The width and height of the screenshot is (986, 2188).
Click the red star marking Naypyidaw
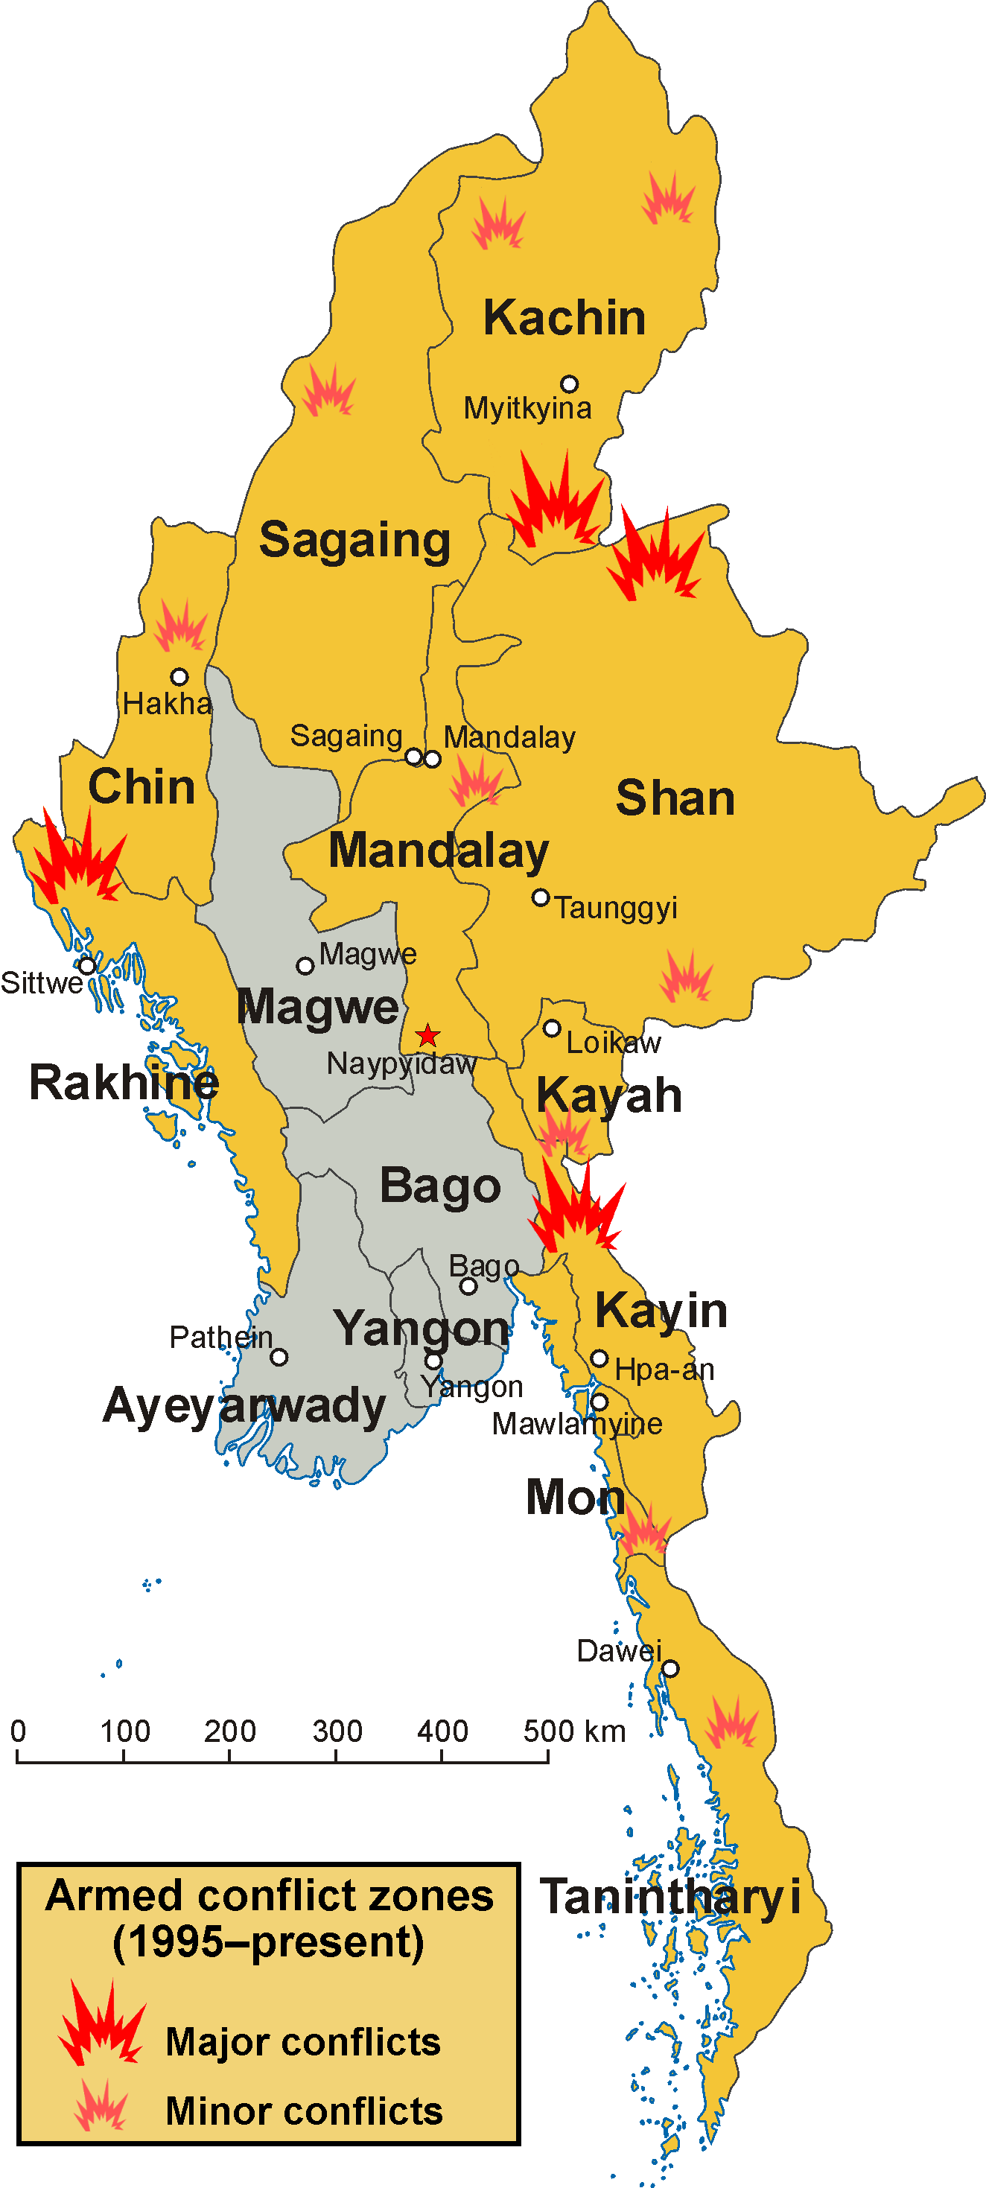pos(427,1035)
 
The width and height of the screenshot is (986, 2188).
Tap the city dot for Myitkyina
pos(569,384)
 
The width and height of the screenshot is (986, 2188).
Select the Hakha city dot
pos(179,677)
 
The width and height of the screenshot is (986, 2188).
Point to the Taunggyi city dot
pos(540,897)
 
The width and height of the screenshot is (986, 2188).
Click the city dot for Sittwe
pos(86,966)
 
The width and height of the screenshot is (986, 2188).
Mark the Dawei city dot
pos(670,1668)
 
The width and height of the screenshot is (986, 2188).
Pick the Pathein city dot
pos(279,1358)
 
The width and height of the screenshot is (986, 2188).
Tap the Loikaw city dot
pos(551,1028)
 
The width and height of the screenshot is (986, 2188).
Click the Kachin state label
pos(564,318)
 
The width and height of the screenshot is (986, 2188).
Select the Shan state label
pos(675,798)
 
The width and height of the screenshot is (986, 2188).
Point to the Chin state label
pos(141,786)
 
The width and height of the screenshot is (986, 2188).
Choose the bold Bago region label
pos(440,1186)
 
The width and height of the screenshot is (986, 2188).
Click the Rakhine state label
pos(124,1083)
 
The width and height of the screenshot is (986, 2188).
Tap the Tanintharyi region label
pos(670,1896)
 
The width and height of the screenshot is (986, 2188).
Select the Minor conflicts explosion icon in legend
pos(101,2105)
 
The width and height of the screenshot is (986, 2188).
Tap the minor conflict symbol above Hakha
pos(180,628)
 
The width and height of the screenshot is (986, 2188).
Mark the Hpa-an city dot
pos(599,1358)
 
